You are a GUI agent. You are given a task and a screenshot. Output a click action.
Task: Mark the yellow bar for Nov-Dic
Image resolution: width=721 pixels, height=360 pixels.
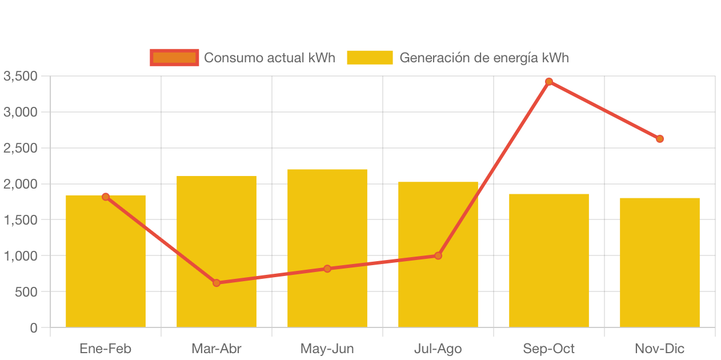click(x=660, y=262)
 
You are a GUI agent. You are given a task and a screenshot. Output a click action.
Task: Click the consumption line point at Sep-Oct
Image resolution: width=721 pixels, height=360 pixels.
click(x=549, y=82)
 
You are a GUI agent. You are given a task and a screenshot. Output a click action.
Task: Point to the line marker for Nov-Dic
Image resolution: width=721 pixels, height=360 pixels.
click(x=660, y=139)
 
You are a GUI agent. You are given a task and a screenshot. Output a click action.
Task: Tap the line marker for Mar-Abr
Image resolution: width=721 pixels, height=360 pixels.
click(x=217, y=283)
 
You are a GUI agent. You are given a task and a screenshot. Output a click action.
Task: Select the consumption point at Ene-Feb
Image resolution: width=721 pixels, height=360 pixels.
click(x=106, y=197)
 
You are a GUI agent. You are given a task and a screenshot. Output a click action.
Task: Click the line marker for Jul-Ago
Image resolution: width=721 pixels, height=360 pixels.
click(x=438, y=255)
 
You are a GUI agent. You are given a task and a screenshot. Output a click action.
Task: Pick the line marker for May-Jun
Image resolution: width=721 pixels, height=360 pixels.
click(x=327, y=269)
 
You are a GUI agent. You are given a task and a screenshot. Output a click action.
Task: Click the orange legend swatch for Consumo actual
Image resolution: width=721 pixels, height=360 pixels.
click(x=174, y=58)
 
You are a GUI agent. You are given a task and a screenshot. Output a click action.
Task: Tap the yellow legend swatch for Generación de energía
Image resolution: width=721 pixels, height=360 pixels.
click(x=370, y=58)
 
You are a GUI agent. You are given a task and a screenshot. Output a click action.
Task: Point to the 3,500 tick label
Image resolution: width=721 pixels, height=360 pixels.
click(x=20, y=76)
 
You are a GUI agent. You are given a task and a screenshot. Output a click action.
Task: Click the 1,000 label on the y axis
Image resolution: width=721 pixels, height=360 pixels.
click(x=20, y=256)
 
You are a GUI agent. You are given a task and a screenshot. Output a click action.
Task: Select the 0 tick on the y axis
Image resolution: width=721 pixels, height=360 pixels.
click(x=34, y=328)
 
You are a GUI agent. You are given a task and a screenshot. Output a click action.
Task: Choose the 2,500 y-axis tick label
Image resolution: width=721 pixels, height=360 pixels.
click(x=20, y=148)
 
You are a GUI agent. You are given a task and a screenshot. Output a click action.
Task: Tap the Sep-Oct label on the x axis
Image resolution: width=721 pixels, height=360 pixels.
click(x=549, y=349)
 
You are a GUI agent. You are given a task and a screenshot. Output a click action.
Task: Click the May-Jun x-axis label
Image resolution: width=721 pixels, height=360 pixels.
click(x=327, y=349)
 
